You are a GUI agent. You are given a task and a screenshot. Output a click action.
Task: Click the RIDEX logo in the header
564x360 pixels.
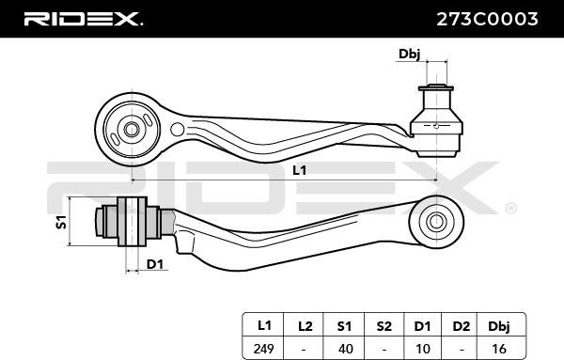click(x=83, y=19)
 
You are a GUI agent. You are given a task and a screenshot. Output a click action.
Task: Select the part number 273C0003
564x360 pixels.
click(x=487, y=19)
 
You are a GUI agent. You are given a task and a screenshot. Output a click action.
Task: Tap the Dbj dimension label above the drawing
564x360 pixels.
click(x=409, y=54)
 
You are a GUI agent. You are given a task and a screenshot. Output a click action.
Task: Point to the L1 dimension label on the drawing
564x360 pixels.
click(x=299, y=170)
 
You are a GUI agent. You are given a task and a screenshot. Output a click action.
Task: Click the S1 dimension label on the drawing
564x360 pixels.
click(x=61, y=222)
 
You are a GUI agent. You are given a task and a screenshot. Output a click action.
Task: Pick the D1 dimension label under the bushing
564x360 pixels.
click(x=155, y=264)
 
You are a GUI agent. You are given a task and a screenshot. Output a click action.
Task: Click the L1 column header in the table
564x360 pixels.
click(x=264, y=326)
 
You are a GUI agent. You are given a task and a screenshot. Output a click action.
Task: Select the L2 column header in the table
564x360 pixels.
click(x=305, y=326)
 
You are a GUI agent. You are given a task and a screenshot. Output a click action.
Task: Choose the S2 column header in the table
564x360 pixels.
click(x=384, y=326)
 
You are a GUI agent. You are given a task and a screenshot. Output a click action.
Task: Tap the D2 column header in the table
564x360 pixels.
click(x=462, y=326)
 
